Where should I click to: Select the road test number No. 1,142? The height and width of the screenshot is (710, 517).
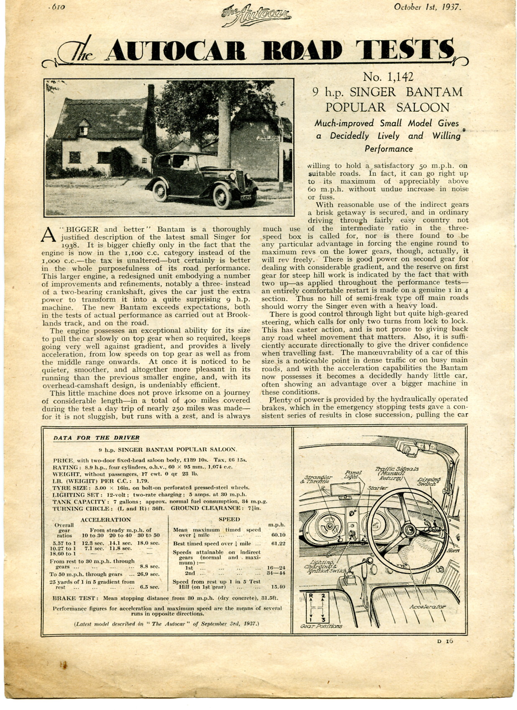click(x=388, y=77)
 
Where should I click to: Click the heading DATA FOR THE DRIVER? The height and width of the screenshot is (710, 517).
click(x=96, y=438)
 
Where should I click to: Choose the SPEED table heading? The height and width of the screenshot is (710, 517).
click(x=229, y=519)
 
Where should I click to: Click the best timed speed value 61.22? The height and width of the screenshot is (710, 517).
click(x=278, y=544)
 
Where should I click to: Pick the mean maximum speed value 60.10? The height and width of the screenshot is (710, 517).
click(x=278, y=534)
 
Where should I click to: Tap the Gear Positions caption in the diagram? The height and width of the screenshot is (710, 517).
click(x=321, y=626)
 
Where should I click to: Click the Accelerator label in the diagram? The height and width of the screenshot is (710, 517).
click(x=427, y=606)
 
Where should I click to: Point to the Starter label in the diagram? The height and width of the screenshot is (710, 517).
click(x=377, y=488)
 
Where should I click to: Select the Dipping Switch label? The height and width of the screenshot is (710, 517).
click(x=429, y=481)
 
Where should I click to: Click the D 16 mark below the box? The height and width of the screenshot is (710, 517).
click(x=445, y=641)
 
